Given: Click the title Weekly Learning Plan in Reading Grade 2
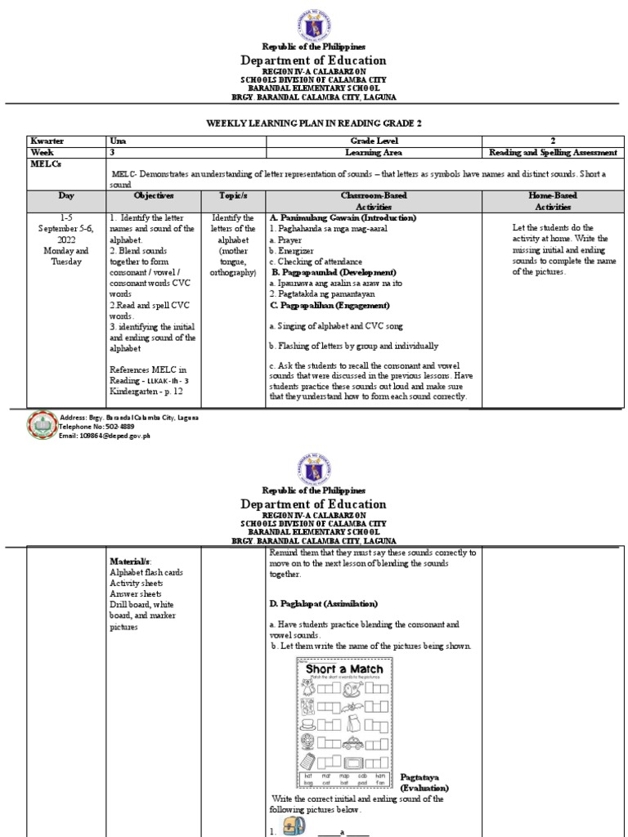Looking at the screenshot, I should [315, 123].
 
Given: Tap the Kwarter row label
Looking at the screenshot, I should [47, 141].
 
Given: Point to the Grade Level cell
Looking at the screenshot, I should [374, 141].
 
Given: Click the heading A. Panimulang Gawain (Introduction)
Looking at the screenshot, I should [343, 218].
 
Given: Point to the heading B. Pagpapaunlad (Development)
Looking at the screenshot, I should [333, 271].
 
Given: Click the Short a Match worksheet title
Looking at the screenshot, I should [344, 669].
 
